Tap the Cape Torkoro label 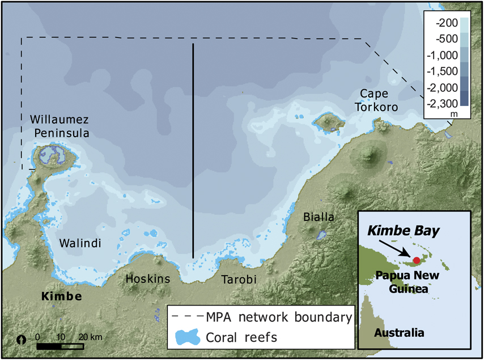[x=377, y=100]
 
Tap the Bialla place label [x=319, y=217]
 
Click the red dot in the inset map [x=417, y=260]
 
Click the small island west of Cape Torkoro [x=327, y=121]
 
